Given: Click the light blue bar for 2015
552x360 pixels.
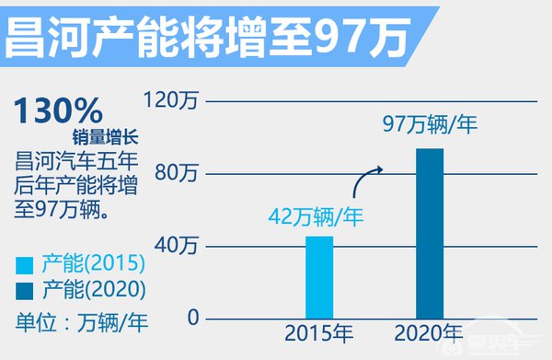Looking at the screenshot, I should coord(319,277).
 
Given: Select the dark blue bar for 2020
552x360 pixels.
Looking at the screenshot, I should coord(430,234).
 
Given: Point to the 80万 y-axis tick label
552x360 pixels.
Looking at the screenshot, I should coord(179,173).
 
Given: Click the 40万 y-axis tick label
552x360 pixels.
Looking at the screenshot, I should coord(179,246).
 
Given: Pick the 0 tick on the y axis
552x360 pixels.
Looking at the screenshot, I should coord(192,317).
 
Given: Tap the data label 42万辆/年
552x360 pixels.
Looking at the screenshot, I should coord(316,217).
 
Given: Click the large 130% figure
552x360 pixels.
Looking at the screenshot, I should coord(57,112).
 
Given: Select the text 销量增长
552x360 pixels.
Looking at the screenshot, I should coord(104,138).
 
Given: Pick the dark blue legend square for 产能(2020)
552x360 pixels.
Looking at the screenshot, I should coord(24,289).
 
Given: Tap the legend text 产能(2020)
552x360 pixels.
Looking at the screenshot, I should coord(93,289).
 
